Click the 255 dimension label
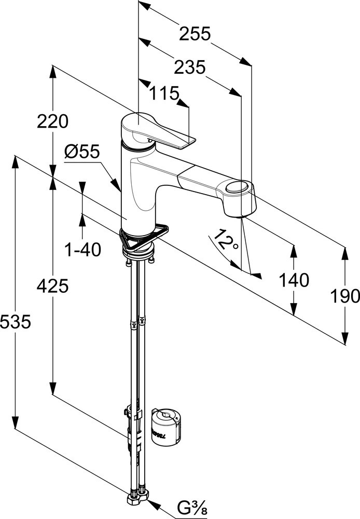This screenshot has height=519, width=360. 195,34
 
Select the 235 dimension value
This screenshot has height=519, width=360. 189,67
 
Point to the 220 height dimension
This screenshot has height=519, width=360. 52,121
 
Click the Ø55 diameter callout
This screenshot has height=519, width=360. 82,152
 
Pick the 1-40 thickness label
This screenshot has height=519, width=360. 82,250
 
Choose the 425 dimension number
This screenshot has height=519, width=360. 52,285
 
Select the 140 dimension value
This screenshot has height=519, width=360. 294,280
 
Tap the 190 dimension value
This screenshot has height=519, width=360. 344,296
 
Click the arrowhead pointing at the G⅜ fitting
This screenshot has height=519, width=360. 151,501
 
